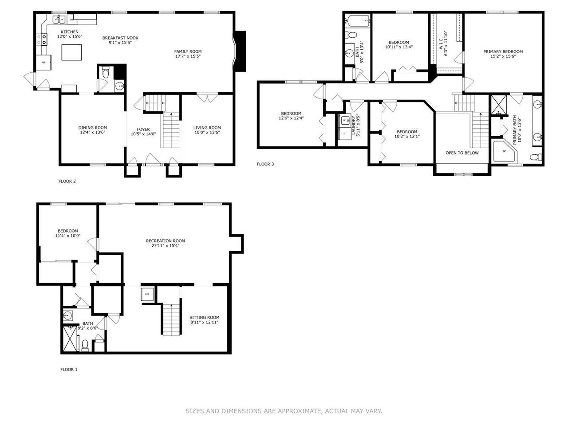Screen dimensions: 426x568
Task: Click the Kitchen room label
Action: point(70,32)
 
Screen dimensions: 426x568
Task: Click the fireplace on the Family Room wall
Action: point(240,51)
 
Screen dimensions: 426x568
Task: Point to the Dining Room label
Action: point(92,128)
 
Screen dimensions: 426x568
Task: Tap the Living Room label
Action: point(207,128)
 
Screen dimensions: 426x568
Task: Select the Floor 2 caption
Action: point(67,181)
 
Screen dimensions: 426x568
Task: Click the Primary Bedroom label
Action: point(503,51)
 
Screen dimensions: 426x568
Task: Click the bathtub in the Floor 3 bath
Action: point(358,20)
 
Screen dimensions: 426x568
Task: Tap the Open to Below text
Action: point(462,153)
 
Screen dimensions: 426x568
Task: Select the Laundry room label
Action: point(354,126)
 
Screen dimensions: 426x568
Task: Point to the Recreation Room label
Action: point(166,241)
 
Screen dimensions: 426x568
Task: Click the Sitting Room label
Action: point(204,317)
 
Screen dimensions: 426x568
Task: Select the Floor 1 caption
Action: point(69,369)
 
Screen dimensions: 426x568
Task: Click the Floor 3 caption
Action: point(265,164)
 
